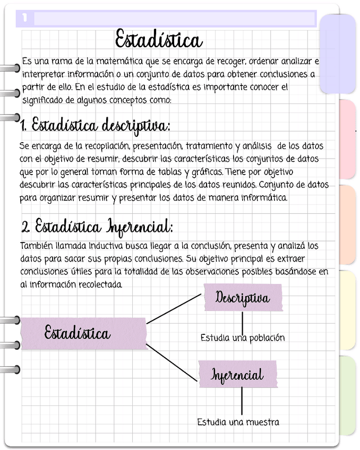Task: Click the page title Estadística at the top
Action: pos(159,40)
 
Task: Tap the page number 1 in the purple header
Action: pos(25,19)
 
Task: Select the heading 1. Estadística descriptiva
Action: pos(96,126)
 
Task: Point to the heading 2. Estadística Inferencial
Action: pos(97,227)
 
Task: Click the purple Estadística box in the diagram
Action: pos(83,334)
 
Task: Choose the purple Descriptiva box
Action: pos(243,298)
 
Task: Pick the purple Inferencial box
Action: pos(237,375)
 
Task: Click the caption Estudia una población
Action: pos(243,337)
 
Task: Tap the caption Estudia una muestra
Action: pos(238,422)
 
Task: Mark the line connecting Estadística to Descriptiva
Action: pos(174,309)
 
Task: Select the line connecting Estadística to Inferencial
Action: pos(171,362)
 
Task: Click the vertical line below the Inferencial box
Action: pos(242,401)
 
